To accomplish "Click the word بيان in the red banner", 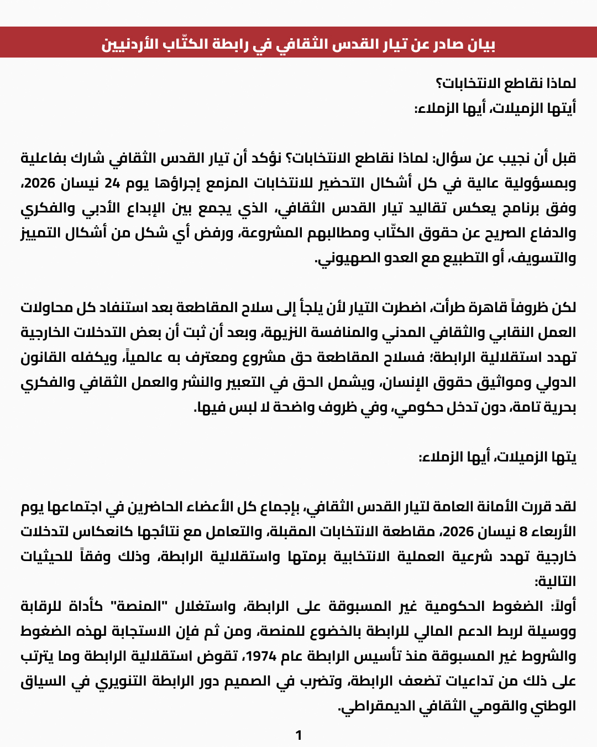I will pos(480,44).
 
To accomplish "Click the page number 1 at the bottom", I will pos(298,735).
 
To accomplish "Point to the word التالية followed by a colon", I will pos(555,582).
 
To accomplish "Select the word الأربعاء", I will pos(553,532).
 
